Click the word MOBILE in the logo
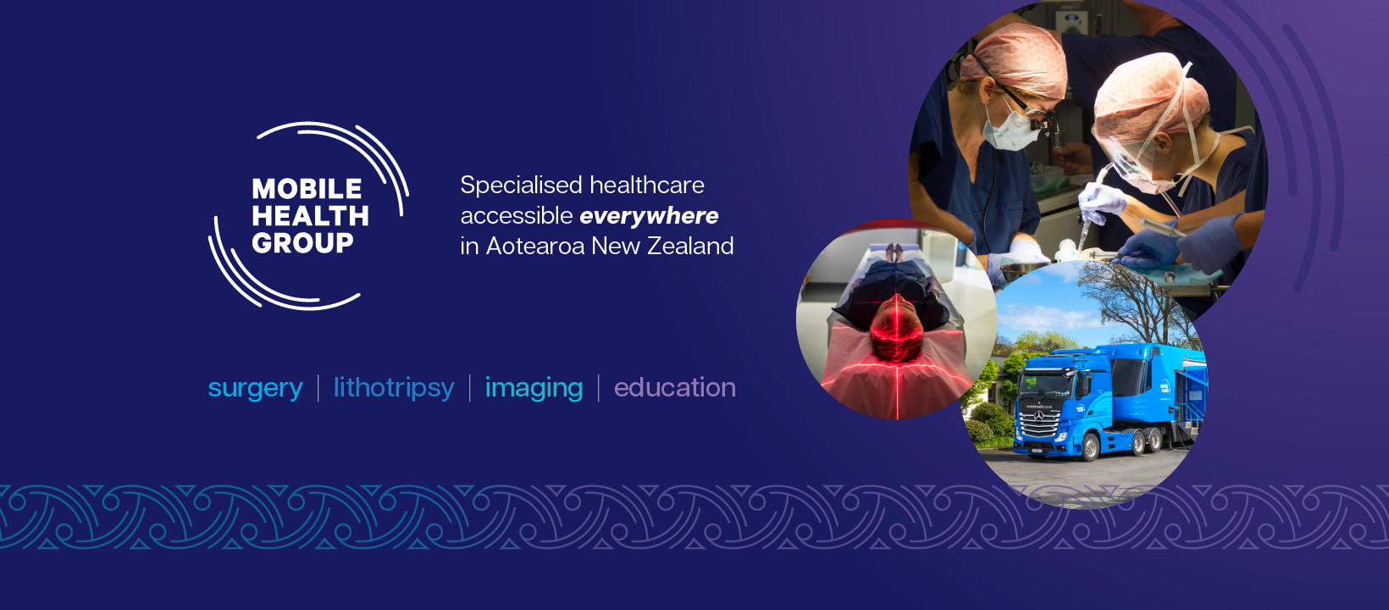[x=307, y=189]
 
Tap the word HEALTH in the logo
[x=310, y=216]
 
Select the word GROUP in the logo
[x=302, y=242]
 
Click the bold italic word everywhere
[x=649, y=217]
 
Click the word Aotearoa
[x=535, y=247]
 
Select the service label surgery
[x=256, y=389]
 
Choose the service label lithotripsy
[x=394, y=388]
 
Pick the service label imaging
[x=534, y=389]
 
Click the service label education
[x=675, y=387]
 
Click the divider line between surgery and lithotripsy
[x=318, y=388]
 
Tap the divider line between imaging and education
[x=599, y=388]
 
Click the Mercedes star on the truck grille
[x=1038, y=416]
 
